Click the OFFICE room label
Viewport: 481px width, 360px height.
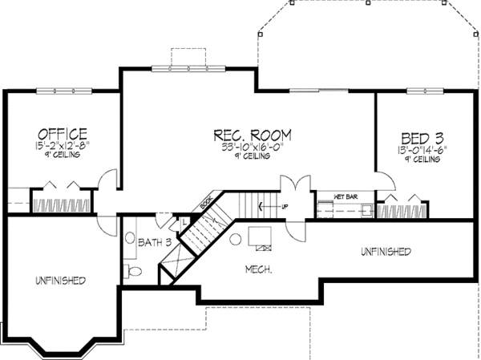click(61, 133)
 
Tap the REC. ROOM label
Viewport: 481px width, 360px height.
click(252, 134)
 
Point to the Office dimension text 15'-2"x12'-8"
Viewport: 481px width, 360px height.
click(61, 147)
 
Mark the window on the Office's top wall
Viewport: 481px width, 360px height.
click(62, 90)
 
